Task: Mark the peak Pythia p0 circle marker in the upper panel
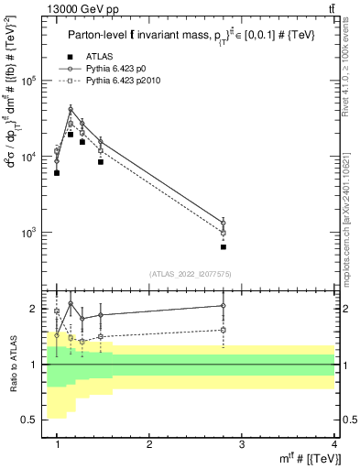pyautogui.click(x=71, y=109)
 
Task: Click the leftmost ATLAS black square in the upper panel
pyautogui.click(x=57, y=172)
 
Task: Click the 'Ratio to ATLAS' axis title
pyautogui.click(x=12, y=364)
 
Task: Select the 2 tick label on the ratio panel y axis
pyautogui.click(x=34, y=309)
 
